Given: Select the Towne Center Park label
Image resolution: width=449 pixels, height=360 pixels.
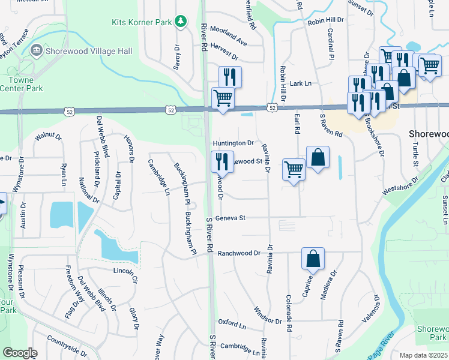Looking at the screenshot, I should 25,84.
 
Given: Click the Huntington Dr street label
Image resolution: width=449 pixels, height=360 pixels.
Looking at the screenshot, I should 234,143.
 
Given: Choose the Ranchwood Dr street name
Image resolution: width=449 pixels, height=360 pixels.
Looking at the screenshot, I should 238,253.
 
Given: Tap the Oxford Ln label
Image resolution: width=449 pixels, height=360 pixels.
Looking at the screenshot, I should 232,323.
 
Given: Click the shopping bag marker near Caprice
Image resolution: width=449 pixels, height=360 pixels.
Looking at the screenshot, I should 313,259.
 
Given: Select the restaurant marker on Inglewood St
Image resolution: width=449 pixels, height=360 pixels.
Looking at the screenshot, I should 221,161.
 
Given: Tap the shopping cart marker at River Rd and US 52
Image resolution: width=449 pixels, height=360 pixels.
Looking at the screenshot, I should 223,97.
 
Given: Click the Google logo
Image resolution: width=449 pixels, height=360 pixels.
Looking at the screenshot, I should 19,352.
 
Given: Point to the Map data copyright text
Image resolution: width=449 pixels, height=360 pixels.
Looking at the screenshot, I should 423,355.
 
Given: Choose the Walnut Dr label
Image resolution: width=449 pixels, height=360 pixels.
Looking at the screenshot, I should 49,137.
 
